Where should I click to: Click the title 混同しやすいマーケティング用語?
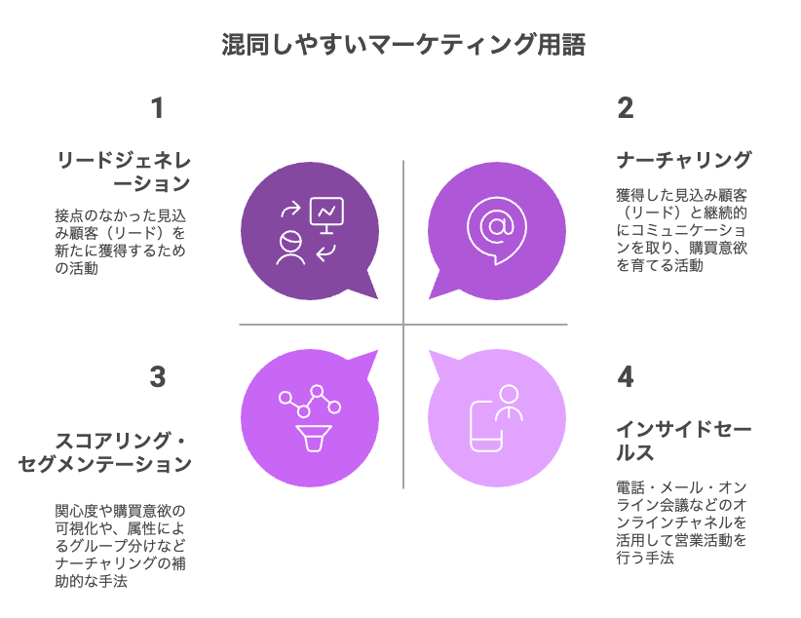pyautogui.click(x=403, y=45)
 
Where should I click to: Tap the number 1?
pyautogui.click(x=157, y=108)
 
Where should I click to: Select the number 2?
pyautogui.click(x=626, y=108)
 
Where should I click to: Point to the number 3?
pyautogui.click(x=157, y=377)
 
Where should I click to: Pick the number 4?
pyautogui.click(x=626, y=377)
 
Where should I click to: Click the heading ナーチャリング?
pyautogui.click(x=684, y=160)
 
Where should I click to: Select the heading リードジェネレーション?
pyautogui.click(x=124, y=172)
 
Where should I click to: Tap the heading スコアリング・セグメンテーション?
pyautogui.click(x=104, y=452)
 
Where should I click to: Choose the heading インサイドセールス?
pyautogui.click(x=683, y=441)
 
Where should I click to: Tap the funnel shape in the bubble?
pyautogui.click(x=314, y=438)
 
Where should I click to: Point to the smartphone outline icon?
pyautogui.click(x=486, y=426)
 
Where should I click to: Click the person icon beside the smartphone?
pyautogui.click(x=510, y=403)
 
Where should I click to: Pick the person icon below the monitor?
pyautogui.click(x=290, y=248)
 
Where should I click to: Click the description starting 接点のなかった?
pyautogui.click(x=121, y=242)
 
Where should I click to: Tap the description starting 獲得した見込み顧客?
pyautogui.click(x=682, y=230)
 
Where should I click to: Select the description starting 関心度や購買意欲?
pyautogui.click(x=121, y=546)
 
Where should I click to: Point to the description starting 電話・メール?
pyautogui.click(x=682, y=522)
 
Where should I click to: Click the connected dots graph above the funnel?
pyautogui.click(x=310, y=402)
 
